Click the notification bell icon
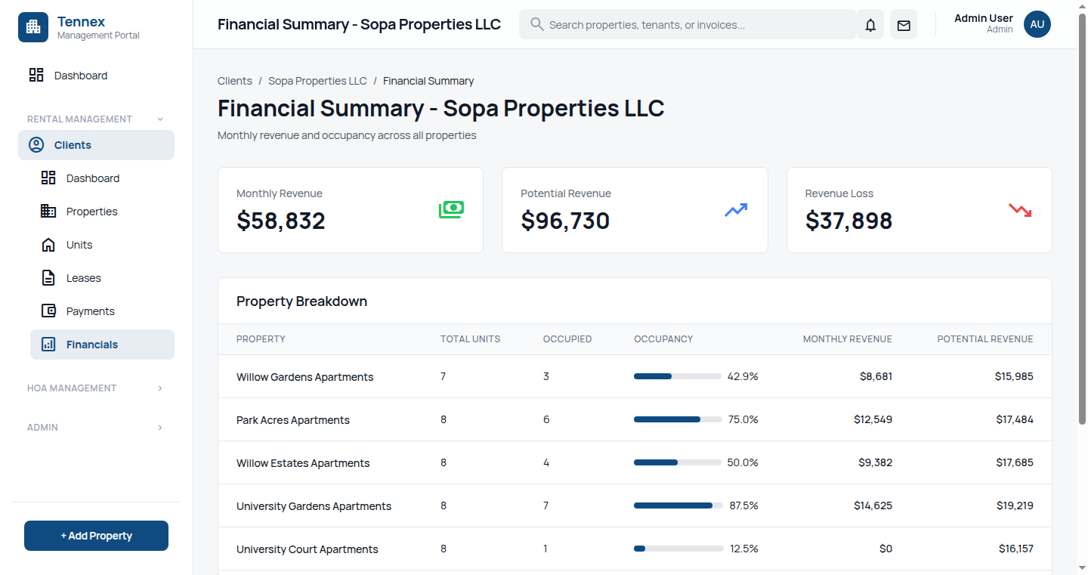tap(870, 25)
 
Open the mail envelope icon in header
tap(904, 25)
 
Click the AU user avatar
tap(1037, 24)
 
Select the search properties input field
tap(688, 25)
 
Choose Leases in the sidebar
tap(83, 278)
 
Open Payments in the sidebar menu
tap(90, 311)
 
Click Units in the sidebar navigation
tap(79, 245)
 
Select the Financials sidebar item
tap(91, 345)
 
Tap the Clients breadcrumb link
tap(235, 81)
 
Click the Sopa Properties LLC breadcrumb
tap(317, 81)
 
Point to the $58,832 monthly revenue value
tap(281, 221)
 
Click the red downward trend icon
tap(1020, 210)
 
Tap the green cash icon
tap(451, 210)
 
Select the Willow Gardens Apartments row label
tap(304, 377)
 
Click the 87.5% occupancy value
tap(743, 505)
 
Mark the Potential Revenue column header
tap(984, 339)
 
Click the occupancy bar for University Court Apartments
tap(677, 549)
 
